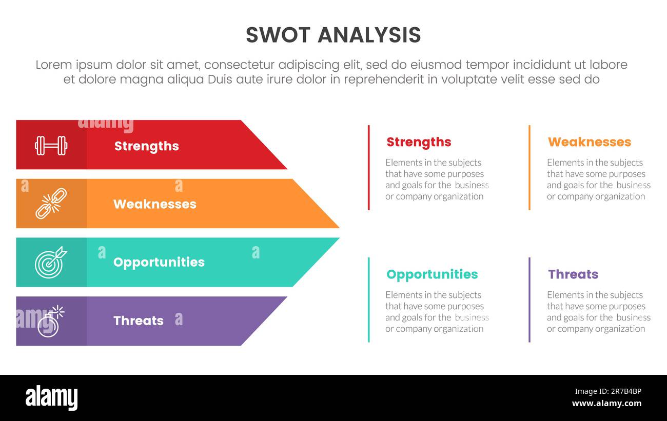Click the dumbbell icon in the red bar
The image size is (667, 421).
(51, 146)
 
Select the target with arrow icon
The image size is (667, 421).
(50, 262)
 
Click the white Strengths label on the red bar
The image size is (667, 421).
(146, 146)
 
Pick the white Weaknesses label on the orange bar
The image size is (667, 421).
(154, 204)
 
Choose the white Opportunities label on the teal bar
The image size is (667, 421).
(159, 262)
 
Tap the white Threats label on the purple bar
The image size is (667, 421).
(138, 321)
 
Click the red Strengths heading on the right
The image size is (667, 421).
(419, 142)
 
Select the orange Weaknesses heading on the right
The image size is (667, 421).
(589, 142)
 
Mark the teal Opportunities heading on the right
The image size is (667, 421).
(431, 274)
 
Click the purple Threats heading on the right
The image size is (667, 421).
(573, 274)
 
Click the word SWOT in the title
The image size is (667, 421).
(278, 35)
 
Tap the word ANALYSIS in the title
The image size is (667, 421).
(369, 35)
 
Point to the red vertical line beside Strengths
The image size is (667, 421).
(368, 168)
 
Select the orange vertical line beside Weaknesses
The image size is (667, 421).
(529, 168)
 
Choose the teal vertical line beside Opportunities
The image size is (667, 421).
(368, 300)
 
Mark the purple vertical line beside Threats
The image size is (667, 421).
(529, 300)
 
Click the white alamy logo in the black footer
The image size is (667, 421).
(51, 398)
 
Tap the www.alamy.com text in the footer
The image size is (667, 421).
(606, 404)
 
